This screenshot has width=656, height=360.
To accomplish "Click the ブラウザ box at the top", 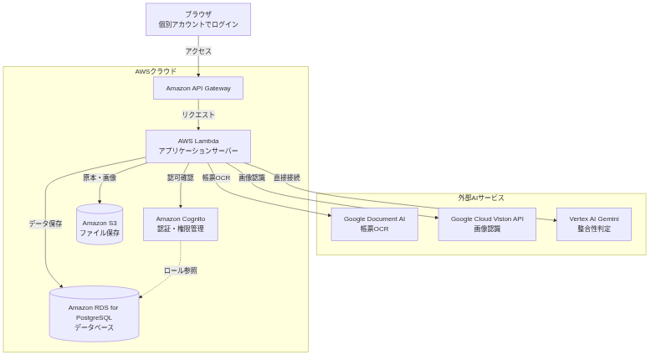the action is (198, 19).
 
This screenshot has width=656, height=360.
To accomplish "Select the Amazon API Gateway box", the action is (198, 88).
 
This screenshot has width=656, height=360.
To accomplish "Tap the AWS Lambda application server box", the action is (198, 146).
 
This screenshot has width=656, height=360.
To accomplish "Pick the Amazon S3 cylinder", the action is (100, 224).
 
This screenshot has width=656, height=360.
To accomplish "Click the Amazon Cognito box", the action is (181, 224).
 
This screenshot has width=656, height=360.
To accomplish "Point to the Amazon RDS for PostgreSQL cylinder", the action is (94, 314).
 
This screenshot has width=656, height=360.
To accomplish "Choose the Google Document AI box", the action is (375, 224).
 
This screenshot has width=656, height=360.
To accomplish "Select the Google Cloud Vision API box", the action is (487, 224).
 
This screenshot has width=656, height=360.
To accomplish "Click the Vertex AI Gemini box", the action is (594, 224).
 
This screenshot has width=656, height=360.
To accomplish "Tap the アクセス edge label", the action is (198, 51).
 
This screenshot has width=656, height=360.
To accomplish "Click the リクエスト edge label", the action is (198, 115).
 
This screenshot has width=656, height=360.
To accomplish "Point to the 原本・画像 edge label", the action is (100, 177).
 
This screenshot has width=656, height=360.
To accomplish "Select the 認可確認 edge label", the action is (181, 177).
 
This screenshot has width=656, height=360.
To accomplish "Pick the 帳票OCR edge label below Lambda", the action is (216, 177).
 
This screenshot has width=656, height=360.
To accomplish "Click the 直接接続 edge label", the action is (287, 177).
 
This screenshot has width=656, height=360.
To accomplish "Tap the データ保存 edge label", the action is (45, 224).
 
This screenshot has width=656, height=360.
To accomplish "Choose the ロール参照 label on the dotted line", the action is (181, 270).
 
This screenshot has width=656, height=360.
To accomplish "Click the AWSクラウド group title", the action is (156, 72).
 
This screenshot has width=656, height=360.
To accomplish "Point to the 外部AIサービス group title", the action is (481, 198).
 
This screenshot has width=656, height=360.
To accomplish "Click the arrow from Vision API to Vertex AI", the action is (546, 219).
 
